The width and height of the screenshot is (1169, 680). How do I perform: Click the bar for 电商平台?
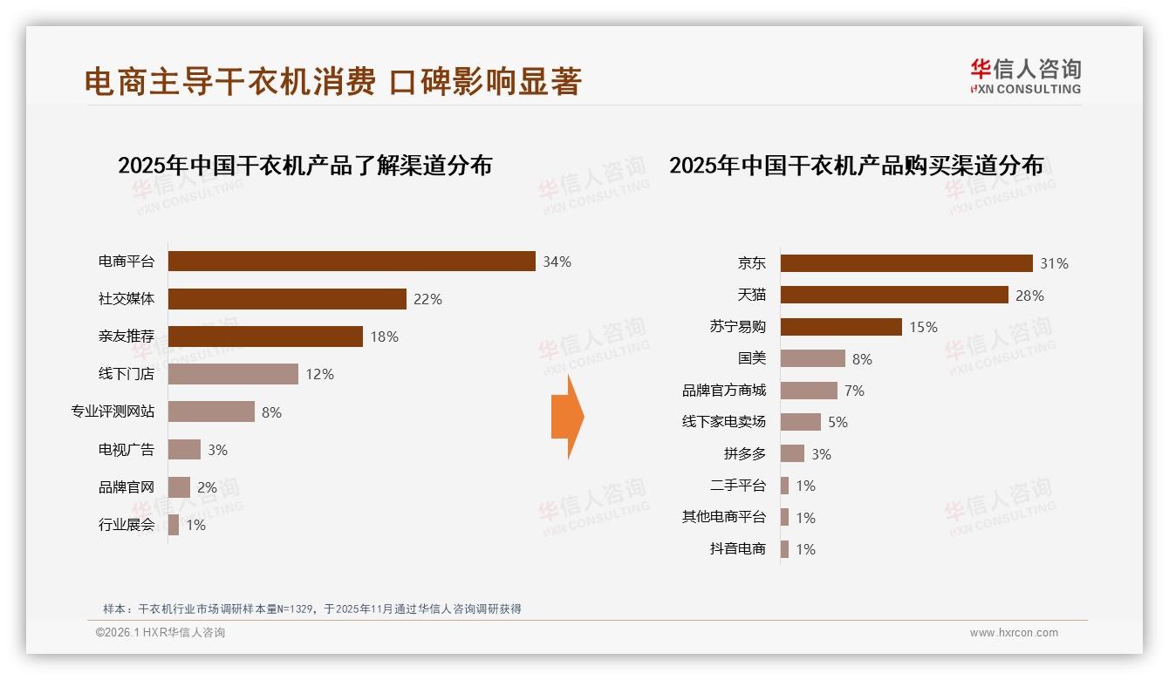pos(352,262)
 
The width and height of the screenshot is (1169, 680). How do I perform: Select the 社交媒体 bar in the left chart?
pos(287,299)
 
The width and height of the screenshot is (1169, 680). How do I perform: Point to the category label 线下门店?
pos(126,374)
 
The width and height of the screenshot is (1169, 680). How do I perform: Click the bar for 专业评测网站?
pos(211,411)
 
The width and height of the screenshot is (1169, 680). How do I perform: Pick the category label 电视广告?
pos(126,450)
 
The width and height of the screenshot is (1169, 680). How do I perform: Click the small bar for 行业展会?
pos(174,525)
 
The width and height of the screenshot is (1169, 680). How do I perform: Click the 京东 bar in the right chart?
pos(906,263)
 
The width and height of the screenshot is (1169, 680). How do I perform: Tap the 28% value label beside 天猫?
pos(1029,296)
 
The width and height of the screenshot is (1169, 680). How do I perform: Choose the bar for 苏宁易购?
pos(841,327)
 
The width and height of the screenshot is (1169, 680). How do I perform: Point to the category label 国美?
pos(751,358)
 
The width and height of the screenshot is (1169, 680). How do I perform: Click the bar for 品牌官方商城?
pos(809,391)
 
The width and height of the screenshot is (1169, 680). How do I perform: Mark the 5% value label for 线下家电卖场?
pos(837,422)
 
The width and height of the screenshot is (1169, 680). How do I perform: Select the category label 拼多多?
pos(745,454)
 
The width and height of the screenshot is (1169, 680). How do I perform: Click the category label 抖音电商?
pos(738,549)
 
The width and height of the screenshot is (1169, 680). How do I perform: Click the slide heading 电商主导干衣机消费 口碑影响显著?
pos(332,82)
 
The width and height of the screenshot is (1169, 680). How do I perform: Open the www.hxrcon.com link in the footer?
pos(1014,633)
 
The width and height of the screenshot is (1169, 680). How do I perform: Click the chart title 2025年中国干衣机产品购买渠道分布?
pos(856,166)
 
